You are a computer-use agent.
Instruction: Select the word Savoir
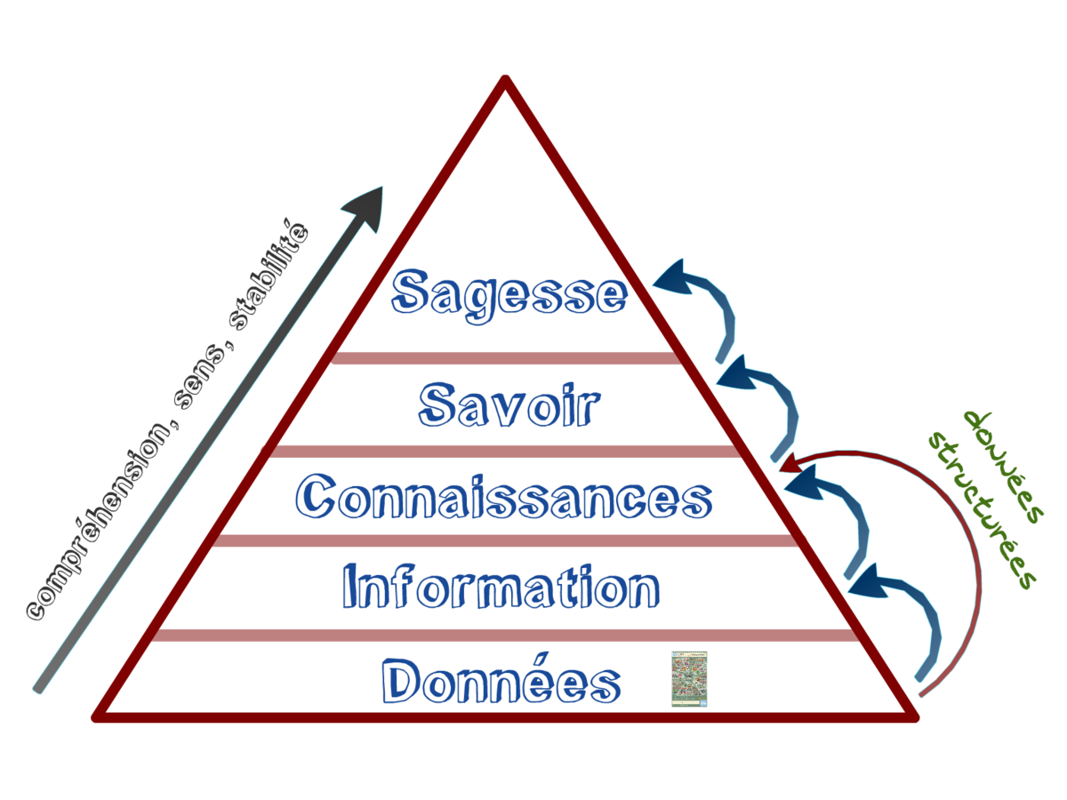(509, 404)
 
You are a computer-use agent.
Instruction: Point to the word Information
(501, 587)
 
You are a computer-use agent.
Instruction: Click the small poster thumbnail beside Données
(689, 679)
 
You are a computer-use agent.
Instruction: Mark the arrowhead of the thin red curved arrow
(786, 465)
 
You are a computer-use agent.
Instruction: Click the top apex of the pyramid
(505, 82)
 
